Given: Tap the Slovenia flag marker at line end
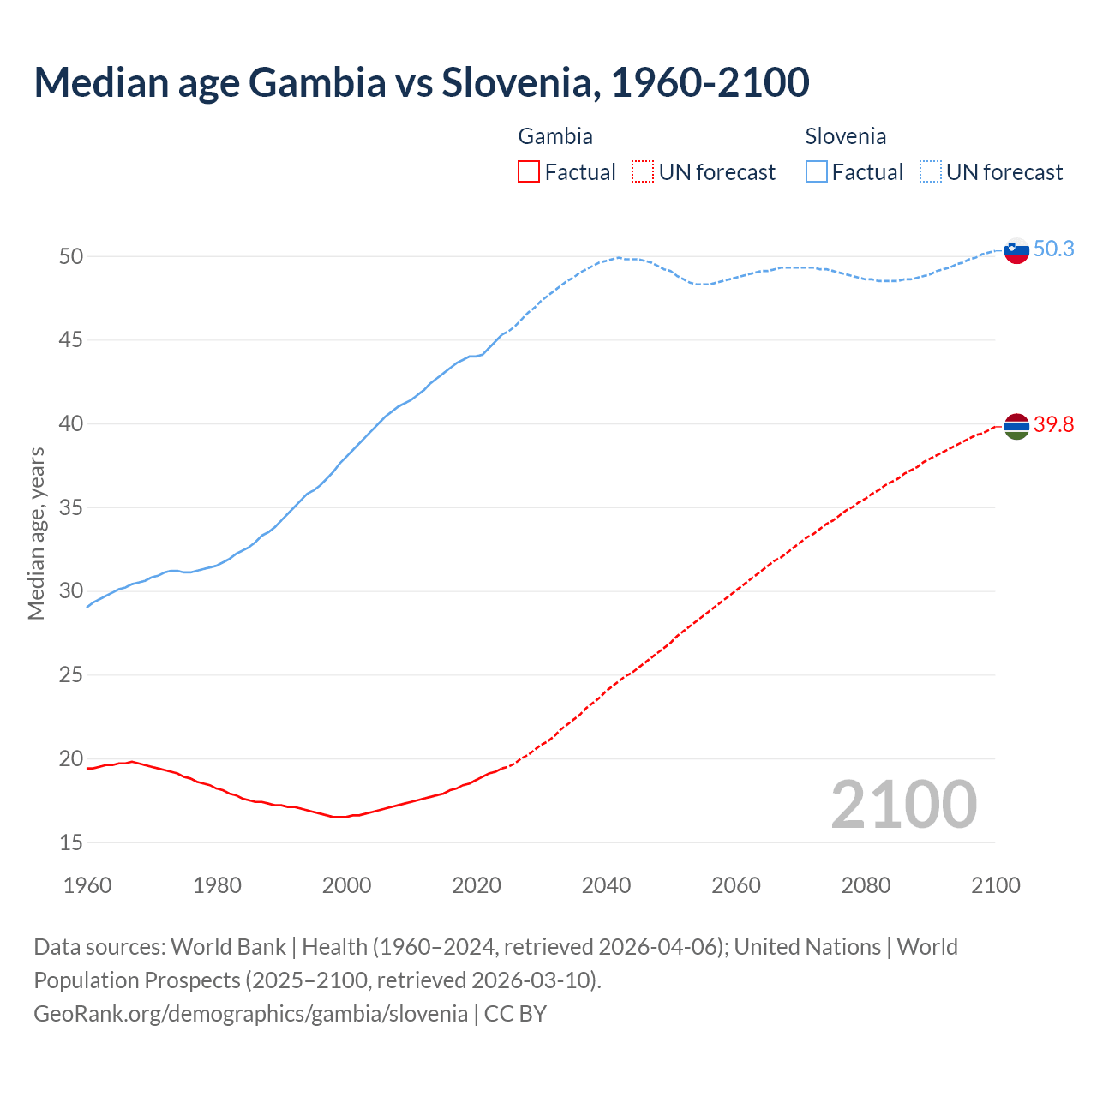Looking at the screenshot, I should pyautogui.click(x=1016, y=251).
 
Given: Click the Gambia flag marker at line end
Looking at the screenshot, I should pyautogui.click(x=1016, y=426).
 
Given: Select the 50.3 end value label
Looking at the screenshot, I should pyautogui.click(x=1053, y=249).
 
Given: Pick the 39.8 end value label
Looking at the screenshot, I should pyautogui.click(x=1053, y=424).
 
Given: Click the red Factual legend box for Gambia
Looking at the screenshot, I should pyautogui.click(x=529, y=172).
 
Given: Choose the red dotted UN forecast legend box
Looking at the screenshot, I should pyautogui.click(x=643, y=172).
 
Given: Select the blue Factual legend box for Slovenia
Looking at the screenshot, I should pyautogui.click(x=817, y=172).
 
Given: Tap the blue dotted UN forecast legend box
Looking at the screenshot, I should pyautogui.click(x=930, y=172).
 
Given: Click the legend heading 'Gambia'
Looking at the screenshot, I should pyautogui.click(x=555, y=136).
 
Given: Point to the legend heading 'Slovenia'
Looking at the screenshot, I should pyautogui.click(x=845, y=136).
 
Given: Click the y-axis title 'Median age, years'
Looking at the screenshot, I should pyautogui.click(x=36, y=533).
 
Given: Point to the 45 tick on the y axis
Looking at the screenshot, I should pyautogui.click(x=71, y=340).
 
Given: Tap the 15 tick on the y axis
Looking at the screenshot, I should pyautogui.click(x=71, y=842).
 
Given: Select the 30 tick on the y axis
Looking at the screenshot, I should pyautogui.click(x=71, y=591).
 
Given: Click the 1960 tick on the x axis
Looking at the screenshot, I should pyautogui.click(x=87, y=885).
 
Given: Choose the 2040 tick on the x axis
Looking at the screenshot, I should pyautogui.click(x=606, y=885).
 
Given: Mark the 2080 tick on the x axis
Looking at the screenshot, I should pyautogui.click(x=866, y=885).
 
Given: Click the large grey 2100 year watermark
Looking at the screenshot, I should pyautogui.click(x=903, y=805).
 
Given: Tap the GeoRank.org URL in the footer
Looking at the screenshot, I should pyautogui.click(x=250, y=1014).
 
